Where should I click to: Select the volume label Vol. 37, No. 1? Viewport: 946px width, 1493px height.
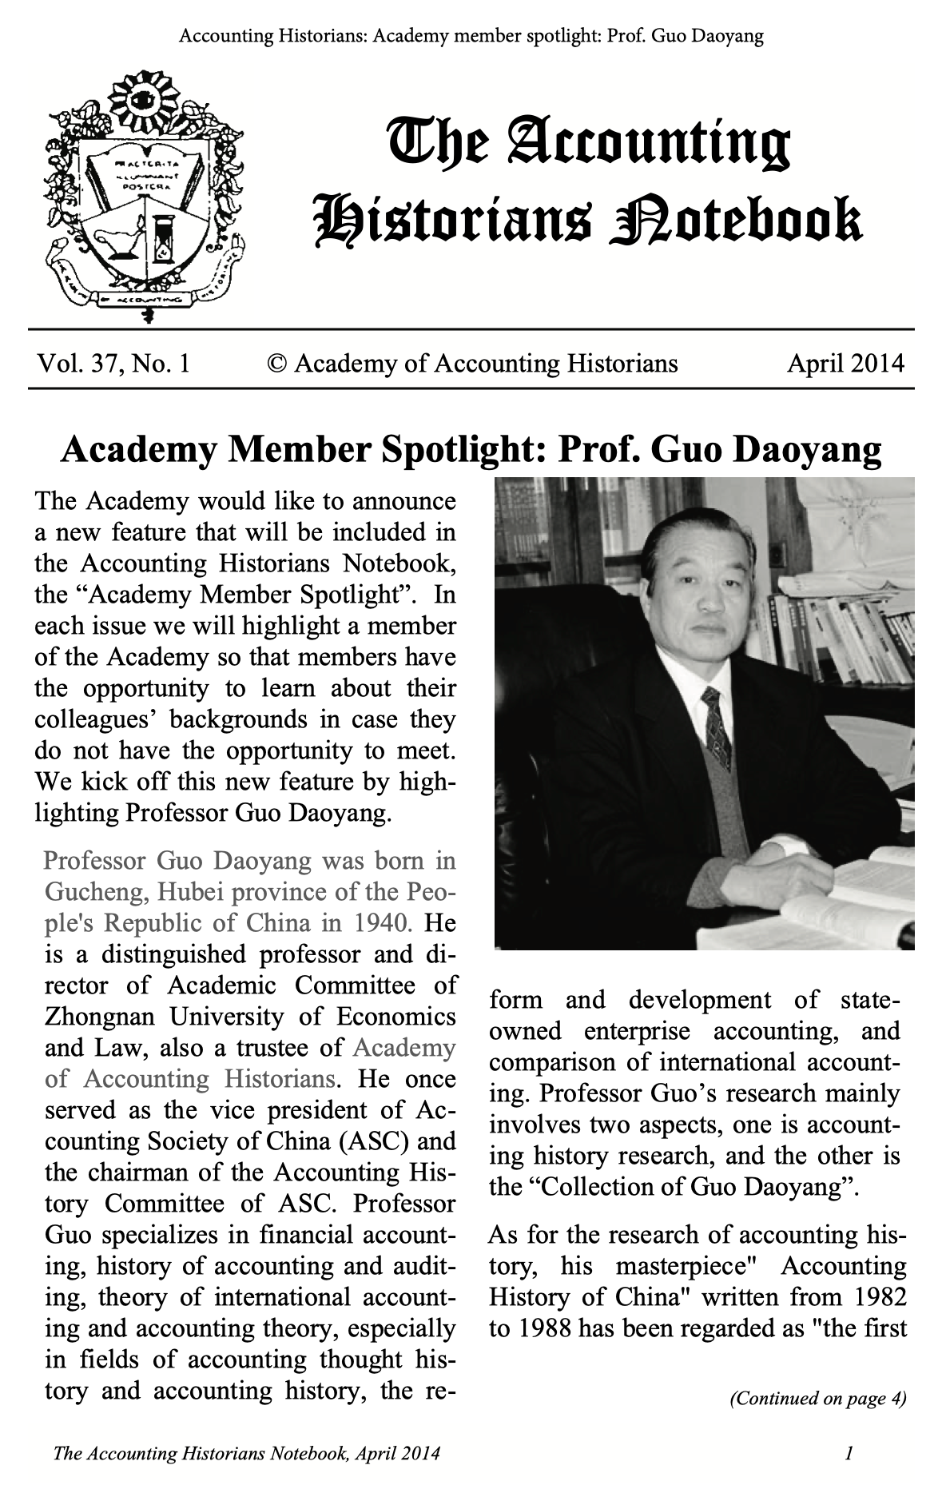pos(113,364)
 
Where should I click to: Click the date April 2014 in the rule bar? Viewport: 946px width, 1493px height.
pos(845,364)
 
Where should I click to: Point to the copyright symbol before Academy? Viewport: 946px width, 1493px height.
pos(276,364)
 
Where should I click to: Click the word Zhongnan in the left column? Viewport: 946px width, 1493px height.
pos(100,1017)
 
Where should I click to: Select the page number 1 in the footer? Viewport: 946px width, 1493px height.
pos(849,1452)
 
